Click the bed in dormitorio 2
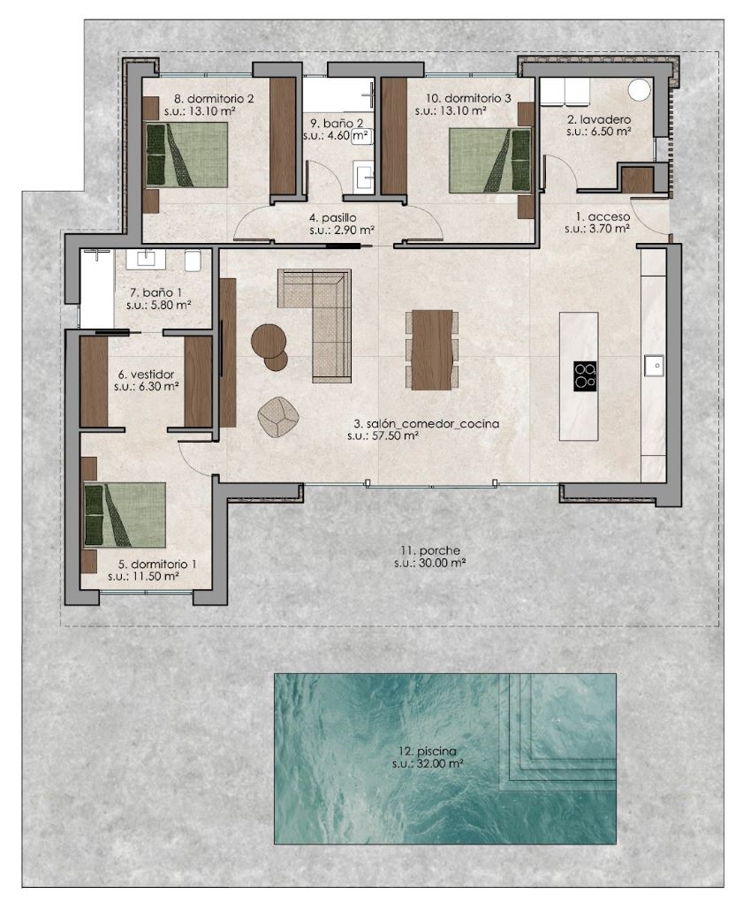186,155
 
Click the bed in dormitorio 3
489,161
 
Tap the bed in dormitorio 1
125,515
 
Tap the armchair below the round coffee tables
278,416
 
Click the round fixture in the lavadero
640,90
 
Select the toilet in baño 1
193,261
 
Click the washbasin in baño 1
146,258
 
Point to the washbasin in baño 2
364,177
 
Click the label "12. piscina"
428,751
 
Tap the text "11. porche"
430,550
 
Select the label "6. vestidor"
146,375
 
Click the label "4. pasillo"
333,218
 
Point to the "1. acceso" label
603,216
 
